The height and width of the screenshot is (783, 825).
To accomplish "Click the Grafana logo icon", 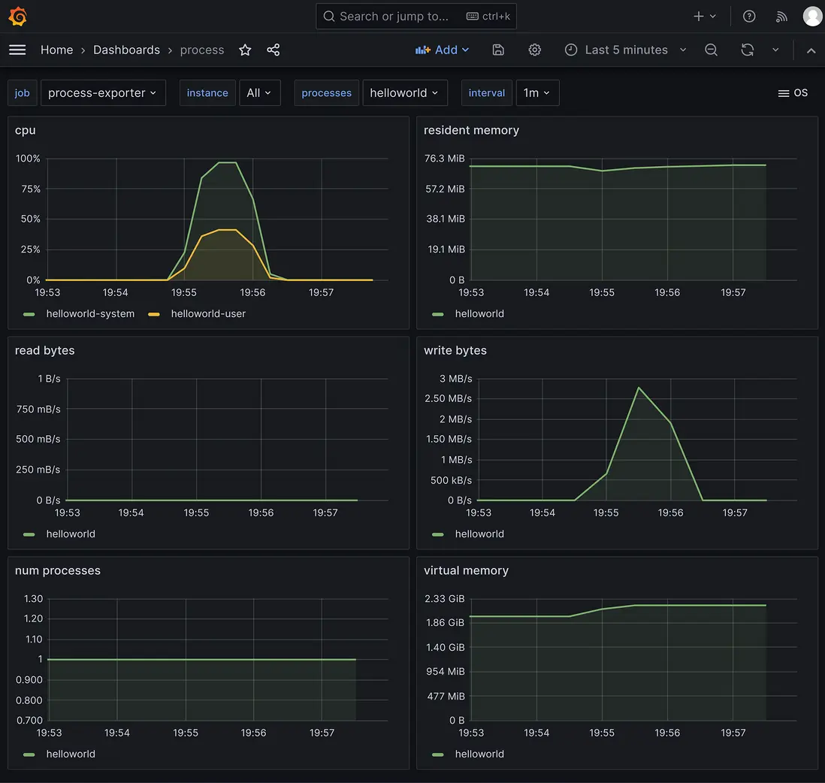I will (x=18, y=17).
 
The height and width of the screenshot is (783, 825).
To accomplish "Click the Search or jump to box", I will (x=416, y=17).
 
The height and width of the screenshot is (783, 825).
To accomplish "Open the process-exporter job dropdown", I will (x=103, y=93).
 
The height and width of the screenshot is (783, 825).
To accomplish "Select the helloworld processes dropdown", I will (x=404, y=93).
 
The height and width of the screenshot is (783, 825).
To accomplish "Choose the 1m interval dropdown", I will (x=536, y=93).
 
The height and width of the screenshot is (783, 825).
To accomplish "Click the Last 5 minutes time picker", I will (x=626, y=50).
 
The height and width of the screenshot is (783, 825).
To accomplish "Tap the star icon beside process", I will (x=245, y=50).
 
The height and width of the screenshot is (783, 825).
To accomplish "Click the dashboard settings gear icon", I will (x=534, y=50).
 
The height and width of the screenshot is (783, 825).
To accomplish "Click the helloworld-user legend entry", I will (x=208, y=313).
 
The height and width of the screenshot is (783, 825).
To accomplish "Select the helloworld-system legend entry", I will (x=90, y=313).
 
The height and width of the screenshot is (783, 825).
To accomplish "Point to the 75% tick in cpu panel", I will (x=28, y=189).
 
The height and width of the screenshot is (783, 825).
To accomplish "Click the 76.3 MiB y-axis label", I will (x=445, y=159).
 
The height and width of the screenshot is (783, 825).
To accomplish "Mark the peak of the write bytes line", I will (x=638, y=388).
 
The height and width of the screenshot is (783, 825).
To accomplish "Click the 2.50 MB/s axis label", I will (x=449, y=398).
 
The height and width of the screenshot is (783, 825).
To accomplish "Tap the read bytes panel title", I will (x=45, y=350).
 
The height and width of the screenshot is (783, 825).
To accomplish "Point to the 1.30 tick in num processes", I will (x=33, y=599).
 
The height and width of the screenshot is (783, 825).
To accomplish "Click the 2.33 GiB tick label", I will (x=445, y=599).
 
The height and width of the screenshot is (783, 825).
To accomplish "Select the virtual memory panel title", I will (x=466, y=570).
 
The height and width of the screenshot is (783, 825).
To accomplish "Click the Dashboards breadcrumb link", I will (x=126, y=50).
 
